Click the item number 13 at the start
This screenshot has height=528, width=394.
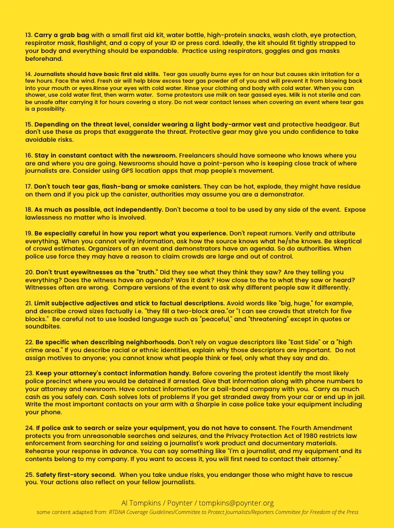click(x=29, y=35)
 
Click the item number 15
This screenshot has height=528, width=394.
click(x=29, y=124)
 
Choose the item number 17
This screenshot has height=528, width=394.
click(x=29, y=187)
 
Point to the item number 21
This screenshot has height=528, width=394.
click(x=29, y=303)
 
